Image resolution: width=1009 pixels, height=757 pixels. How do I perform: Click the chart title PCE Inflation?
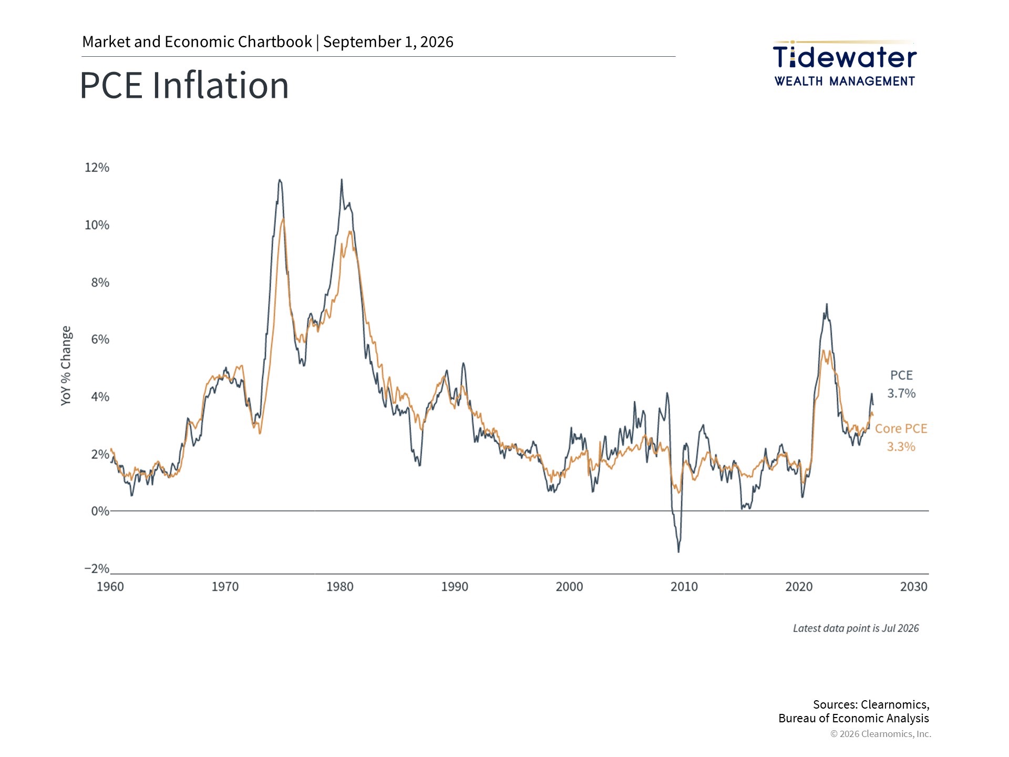pos(184,85)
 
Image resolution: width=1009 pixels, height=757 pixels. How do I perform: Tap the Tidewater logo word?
pos(845,57)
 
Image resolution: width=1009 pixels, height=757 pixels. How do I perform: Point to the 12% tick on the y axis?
pos(97,168)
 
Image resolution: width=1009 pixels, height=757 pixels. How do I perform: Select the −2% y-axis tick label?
pos(97,569)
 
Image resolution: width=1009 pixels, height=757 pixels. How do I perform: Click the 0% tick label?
pos(100,511)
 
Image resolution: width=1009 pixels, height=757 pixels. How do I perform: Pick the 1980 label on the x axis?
pos(340,587)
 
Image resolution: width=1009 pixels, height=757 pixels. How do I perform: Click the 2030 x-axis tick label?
pos(914,587)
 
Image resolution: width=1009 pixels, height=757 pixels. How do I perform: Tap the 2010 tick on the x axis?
pos(684,587)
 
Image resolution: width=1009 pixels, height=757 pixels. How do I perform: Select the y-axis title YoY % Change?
pos(66,365)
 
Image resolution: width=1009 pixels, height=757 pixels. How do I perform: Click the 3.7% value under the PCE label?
pos(901,393)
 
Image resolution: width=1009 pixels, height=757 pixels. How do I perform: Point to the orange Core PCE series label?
pos(901,428)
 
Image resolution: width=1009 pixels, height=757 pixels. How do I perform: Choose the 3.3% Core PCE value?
pos(901,447)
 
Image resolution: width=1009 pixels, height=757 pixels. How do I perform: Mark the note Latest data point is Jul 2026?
pos(856,628)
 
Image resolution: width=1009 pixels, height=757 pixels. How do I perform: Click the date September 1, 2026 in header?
pos(388,42)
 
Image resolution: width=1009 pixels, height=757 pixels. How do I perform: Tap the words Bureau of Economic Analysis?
pos(853,718)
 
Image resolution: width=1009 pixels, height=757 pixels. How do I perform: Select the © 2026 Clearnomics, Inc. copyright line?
pos(881,734)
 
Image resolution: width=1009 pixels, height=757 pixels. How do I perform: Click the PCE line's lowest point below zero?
pos(678,551)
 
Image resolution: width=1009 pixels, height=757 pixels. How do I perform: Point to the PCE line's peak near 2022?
pos(827,304)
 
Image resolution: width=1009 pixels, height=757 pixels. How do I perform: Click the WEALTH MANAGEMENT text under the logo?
pos(845,81)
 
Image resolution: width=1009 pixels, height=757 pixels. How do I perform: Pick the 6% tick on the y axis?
pos(100,340)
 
